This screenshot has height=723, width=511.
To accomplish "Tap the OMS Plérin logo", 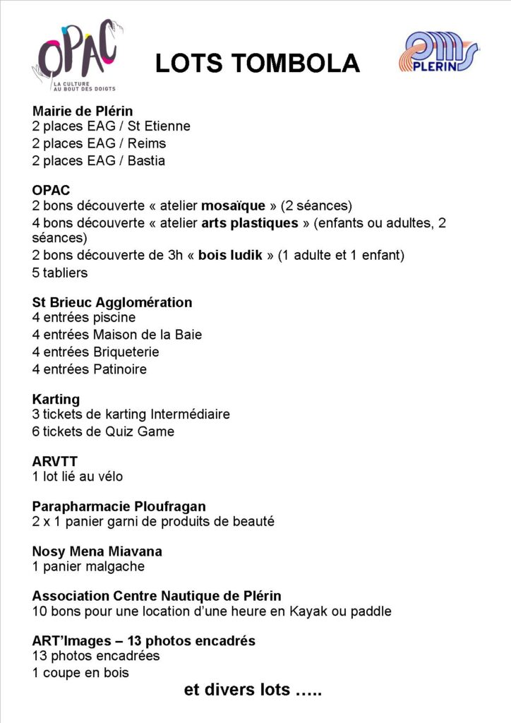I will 438,52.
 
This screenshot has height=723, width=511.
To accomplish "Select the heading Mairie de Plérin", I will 83,111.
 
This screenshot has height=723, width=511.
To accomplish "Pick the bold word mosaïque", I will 234,206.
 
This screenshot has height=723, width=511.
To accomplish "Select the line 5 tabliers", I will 60,272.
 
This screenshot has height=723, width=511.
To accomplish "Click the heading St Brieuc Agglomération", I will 112,302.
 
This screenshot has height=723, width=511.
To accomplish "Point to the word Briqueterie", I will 126,352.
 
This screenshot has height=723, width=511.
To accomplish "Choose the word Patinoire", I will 119,369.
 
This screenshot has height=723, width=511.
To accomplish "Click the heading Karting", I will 56,400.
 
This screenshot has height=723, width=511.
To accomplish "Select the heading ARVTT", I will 55,462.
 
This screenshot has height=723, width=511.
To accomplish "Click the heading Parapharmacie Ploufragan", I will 119,506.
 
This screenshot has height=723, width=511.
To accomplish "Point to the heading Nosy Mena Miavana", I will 97,551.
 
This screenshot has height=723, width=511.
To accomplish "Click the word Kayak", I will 307,611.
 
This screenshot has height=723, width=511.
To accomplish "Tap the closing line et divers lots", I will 253,690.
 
